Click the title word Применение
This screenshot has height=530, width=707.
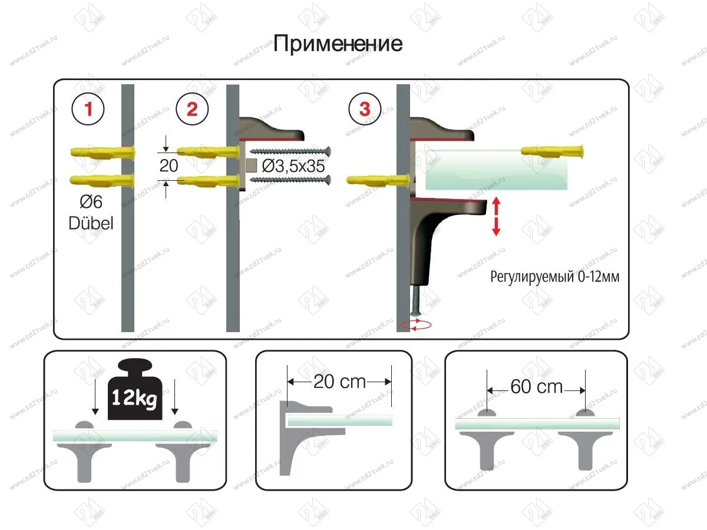pos(338,44)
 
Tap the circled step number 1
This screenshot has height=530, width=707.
pos(88,109)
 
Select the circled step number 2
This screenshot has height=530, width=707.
pos(192,109)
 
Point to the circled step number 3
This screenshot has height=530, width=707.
pos(365,109)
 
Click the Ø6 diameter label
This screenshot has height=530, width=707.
pos(91,202)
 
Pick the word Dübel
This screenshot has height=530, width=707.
pos(91,223)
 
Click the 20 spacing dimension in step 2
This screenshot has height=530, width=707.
pos(169,165)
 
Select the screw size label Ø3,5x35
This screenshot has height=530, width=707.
pos(293,166)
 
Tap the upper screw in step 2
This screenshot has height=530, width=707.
pos(290,151)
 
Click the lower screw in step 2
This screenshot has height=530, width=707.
pos(290,180)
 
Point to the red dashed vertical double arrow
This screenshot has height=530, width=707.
pos(496,216)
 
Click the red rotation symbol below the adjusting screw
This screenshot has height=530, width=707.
pos(416,325)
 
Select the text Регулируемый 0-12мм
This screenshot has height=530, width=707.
pos(554,277)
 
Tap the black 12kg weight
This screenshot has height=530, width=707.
pos(135,389)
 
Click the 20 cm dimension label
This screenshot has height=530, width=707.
pos(339,382)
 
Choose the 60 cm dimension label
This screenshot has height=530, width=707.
pos(537,386)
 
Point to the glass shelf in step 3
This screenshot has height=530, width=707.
pos(496,170)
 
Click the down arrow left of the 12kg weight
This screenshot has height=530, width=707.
pos(95,397)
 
